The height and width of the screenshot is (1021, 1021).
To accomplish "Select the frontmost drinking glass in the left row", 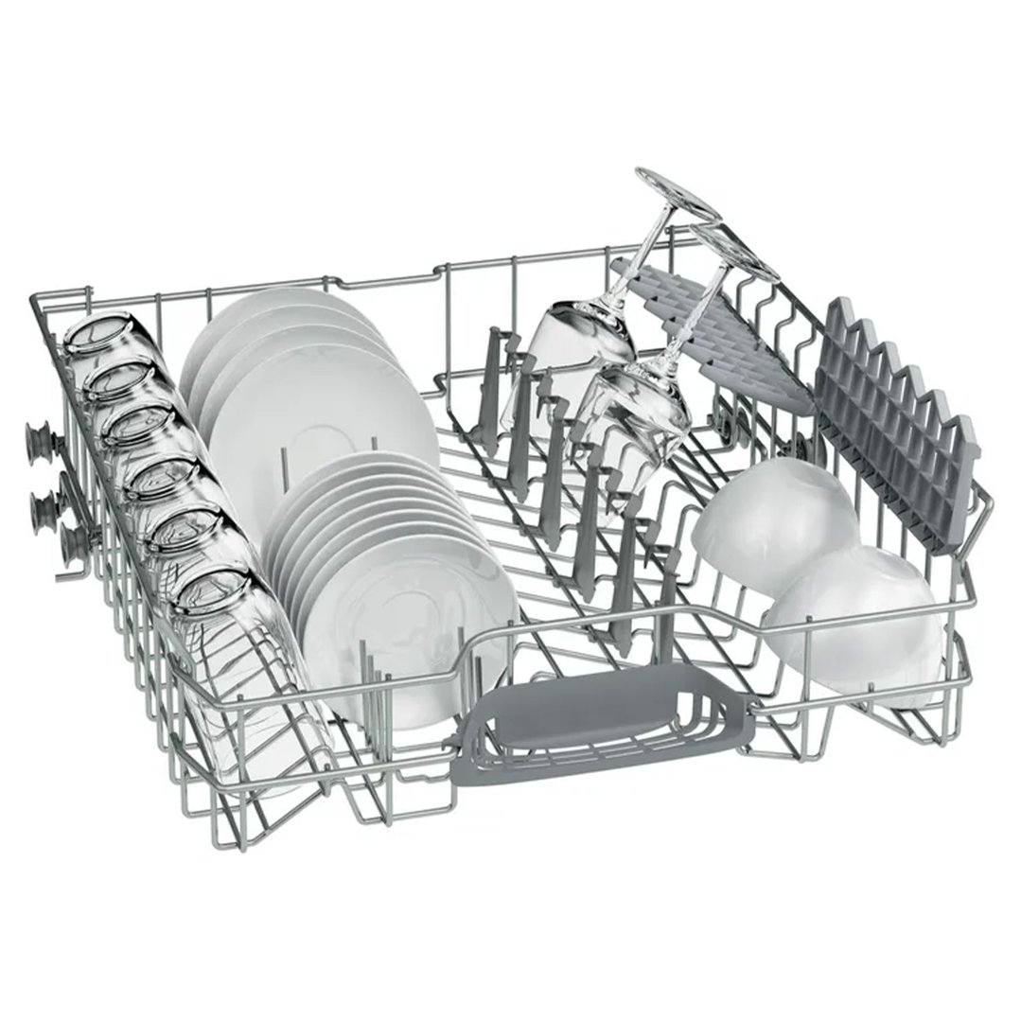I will pos(213,606).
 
